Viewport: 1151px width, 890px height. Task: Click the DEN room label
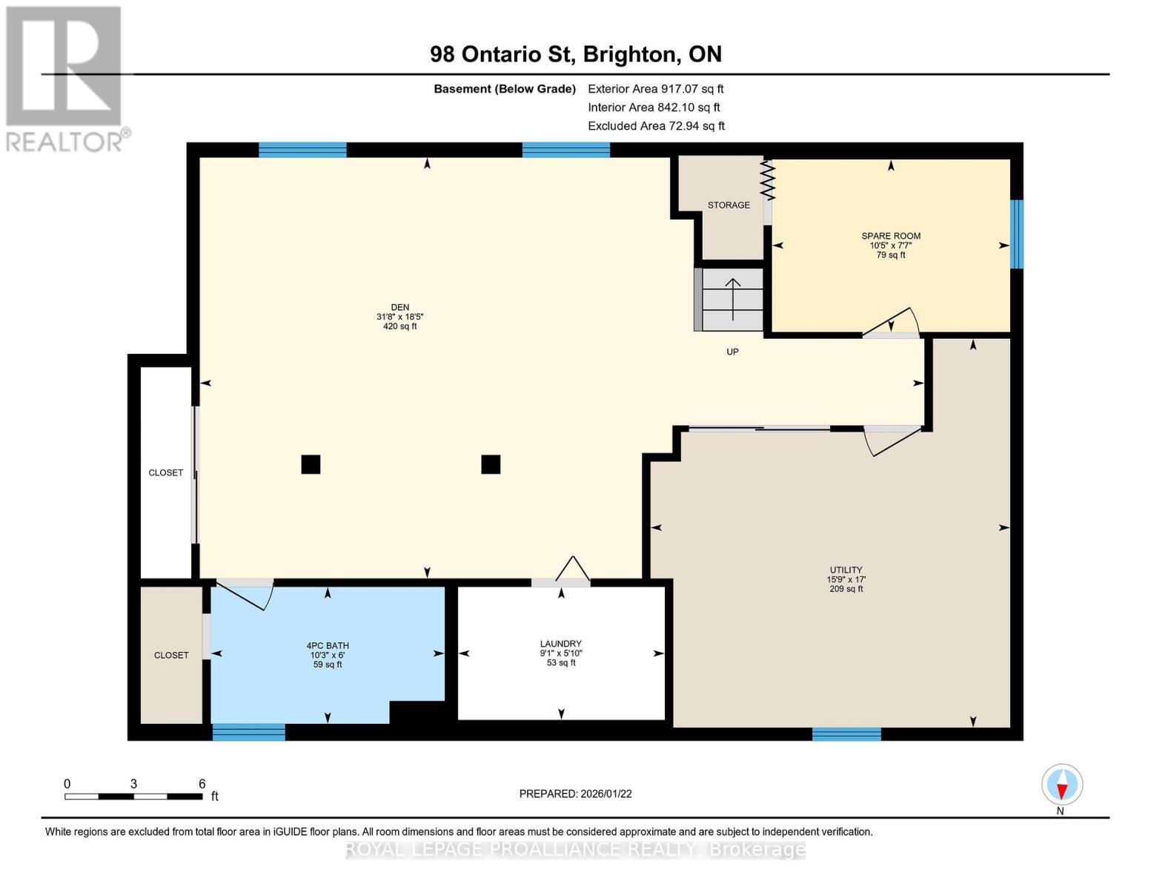(399, 308)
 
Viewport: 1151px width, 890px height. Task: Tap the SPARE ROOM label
(890, 237)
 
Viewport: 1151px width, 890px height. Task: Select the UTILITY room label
(846, 570)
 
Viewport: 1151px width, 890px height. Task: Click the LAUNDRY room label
(560, 644)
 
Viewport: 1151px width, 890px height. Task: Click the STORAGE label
(728, 205)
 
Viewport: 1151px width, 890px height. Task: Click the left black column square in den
(311, 464)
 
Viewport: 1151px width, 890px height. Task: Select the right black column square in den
(491, 464)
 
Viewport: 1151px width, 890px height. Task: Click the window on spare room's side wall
(1017, 234)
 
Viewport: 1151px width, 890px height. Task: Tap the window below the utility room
(846, 734)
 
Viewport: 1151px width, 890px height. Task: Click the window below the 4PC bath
(248, 732)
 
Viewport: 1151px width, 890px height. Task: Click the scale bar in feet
(133, 797)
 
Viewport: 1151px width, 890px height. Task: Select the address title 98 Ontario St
(575, 54)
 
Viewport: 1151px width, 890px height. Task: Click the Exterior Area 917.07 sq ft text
(655, 89)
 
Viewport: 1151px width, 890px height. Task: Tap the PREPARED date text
(575, 794)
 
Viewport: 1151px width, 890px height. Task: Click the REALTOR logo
(65, 78)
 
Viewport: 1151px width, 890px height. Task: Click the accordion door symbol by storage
(768, 182)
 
